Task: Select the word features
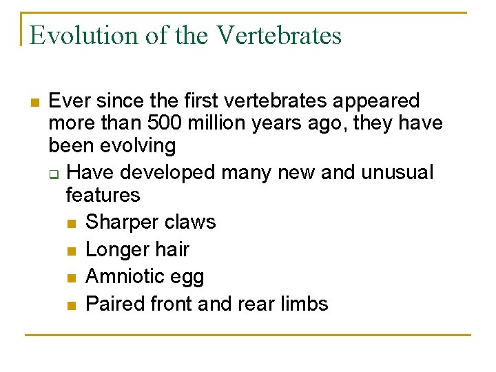pyautogui.click(x=103, y=195)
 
